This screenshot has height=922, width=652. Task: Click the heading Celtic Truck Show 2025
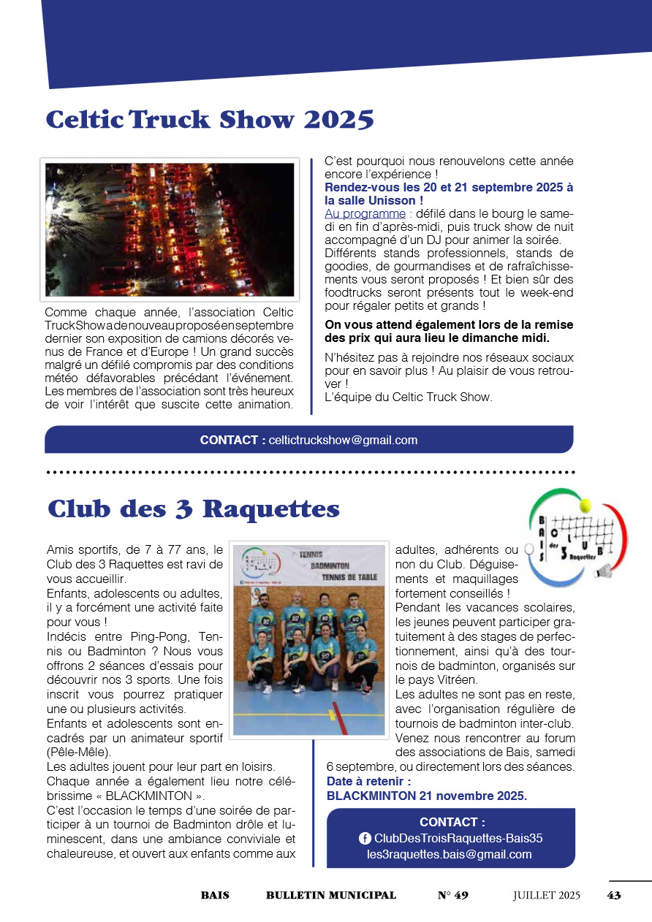(211, 119)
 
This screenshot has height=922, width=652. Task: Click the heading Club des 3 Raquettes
(194, 508)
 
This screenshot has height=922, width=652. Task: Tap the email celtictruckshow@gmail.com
(343, 440)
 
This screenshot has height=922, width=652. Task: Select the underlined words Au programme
(365, 213)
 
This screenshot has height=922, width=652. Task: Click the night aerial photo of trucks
(170, 229)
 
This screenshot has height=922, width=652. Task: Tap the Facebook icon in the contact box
(365, 839)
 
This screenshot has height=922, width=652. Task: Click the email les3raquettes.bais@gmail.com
(449, 854)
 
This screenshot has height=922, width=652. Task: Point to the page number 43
(614, 895)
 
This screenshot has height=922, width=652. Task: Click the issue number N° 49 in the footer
(453, 895)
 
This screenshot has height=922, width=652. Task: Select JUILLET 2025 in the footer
(546, 895)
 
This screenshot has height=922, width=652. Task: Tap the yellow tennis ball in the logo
(585, 505)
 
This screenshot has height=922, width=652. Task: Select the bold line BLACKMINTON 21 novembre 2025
(426, 796)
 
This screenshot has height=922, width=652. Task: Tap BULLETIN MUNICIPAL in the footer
(331, 895)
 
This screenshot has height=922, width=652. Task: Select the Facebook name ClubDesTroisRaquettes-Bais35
(458, 839)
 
